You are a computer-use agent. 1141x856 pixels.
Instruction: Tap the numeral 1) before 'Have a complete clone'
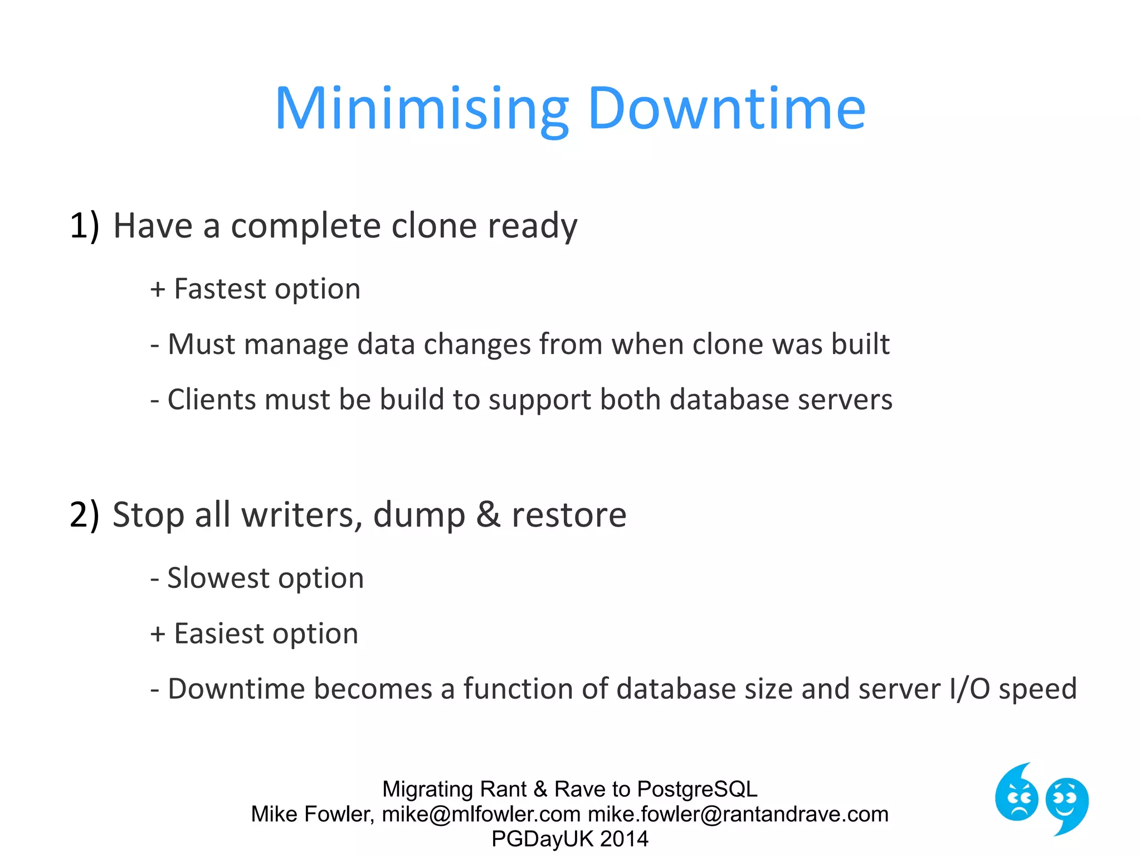pyautogui.click(x=84, y=226)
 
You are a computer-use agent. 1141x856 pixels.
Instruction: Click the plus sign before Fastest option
pyautogui.click(x=158, y=290)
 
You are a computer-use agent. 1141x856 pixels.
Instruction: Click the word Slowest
pyautogui.click(x=218, y=578)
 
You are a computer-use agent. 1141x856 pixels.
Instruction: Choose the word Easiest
pyautogui.click(x=219, y=634)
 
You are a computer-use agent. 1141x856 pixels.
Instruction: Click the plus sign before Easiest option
pyautogui.click(x=158, y=634)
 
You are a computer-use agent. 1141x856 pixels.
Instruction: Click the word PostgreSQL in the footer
pyautogui.click(x=697, y=789)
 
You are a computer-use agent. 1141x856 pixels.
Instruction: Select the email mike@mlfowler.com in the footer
pyautogui.click(x=481, y=814)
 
